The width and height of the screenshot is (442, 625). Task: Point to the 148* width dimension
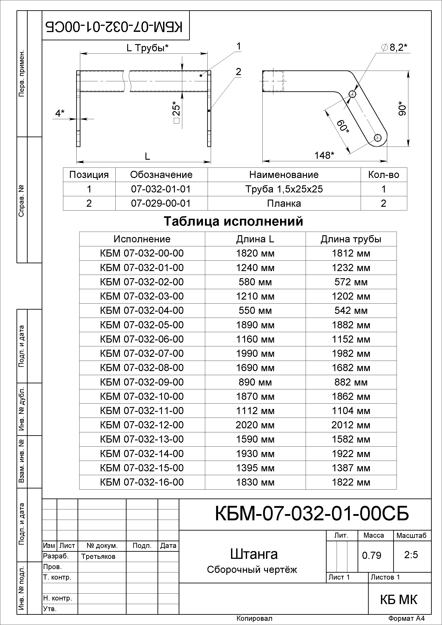pos(324,155)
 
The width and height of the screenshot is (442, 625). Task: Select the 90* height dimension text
pos(402,109)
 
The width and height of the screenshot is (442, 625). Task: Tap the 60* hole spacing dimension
pos(343,127)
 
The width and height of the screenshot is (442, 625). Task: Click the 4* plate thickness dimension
pos(60,113)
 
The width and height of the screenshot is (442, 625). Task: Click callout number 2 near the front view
pos(238,72)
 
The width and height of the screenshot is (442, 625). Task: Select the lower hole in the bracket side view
pos(377,138)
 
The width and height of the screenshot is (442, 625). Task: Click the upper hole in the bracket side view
pos(352,94)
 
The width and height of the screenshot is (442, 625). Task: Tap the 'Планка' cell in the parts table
pos(284,204)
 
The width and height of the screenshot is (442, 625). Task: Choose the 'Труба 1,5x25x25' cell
pos(284,189)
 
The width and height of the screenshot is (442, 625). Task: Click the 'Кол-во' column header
pos(383,175)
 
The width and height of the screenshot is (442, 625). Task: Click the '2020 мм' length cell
pos(255,425)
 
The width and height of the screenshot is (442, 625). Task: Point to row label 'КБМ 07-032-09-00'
pos(142,382)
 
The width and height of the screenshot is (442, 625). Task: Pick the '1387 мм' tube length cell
pos(351,468)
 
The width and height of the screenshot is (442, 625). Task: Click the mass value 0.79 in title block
pos(371,555)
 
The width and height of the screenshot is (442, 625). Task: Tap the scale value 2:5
pos(411,555)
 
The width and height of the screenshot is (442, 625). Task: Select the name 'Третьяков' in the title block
pos(98,557)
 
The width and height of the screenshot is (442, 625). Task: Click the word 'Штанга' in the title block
pos(254,554)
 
